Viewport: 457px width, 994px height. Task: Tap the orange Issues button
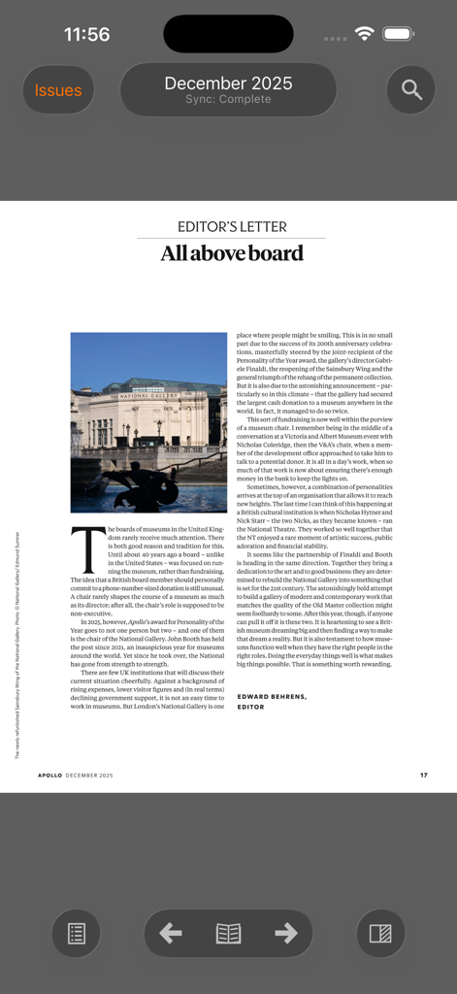58,90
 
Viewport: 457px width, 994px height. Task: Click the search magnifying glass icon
411,90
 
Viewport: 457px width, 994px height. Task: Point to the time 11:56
87,34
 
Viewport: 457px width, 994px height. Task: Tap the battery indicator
399,34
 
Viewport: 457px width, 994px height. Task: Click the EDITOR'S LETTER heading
232,227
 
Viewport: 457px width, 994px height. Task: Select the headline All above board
232,254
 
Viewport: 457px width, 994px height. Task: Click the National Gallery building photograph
148,422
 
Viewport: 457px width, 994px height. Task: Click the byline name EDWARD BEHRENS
272,697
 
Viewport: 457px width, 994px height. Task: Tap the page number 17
424,775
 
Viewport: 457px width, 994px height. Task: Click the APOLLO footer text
50,775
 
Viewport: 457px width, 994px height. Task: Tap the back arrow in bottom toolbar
171,934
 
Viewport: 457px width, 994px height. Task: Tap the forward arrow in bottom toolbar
286,934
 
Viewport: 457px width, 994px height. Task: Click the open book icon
228,934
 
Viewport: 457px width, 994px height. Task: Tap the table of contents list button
77,934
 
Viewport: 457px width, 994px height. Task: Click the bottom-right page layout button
380,934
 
